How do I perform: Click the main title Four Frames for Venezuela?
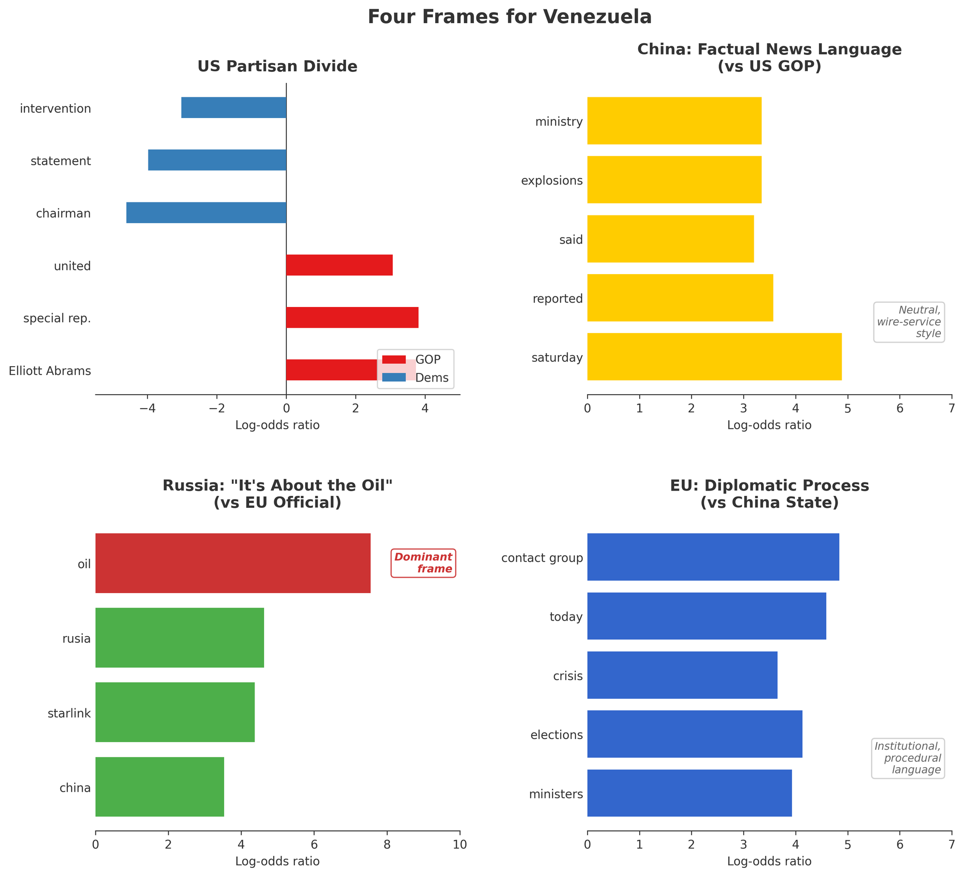(x=509, y=17)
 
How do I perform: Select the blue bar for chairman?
(x=206, y=212)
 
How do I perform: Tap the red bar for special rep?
(x=352, y=318)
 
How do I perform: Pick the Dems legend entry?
(x=415, y=378)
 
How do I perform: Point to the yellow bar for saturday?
(x=714, y=357)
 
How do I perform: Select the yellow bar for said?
(x=670, y=239)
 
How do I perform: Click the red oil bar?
(x=233, y=563)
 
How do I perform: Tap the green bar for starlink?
(x=175, y=712)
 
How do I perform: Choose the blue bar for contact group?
(x=713, y=557)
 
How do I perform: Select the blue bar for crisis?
(x=682, y=675)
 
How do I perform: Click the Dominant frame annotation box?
(x=423, y=563)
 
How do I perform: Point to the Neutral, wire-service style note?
(x=909, y=322)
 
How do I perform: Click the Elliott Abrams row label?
(x=50, y=371)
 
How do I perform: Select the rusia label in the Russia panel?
(x=77, y=639)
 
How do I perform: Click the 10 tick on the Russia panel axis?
(x=460, y=845)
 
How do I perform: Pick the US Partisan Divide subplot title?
(x=278, y=66)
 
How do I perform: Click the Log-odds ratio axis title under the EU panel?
(x=769, y=861)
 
